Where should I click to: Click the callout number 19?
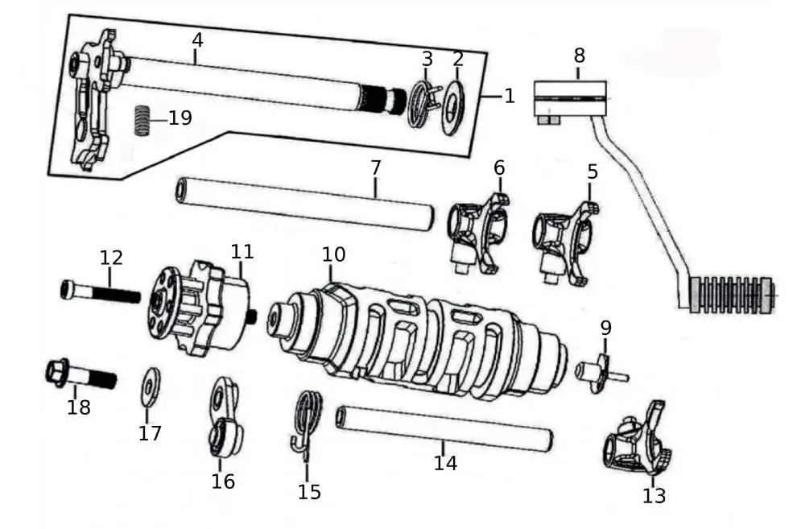coord(180,118)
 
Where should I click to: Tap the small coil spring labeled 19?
coord(142,121)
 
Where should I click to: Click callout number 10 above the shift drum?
coord(334,255)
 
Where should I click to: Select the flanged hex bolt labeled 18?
coord(79,375)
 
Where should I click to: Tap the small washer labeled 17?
coord(151,388)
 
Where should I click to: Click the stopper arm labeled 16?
coord(223,422)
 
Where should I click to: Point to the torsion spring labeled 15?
coord(307,423)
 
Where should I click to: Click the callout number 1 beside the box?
coord(509,96)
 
